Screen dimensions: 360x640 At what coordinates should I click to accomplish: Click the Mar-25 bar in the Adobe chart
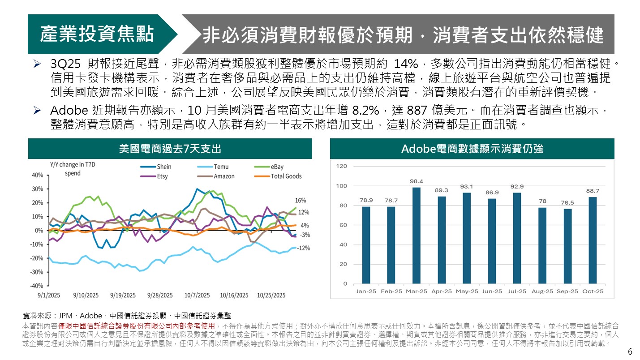pos(417,236)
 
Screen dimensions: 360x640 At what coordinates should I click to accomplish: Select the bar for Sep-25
pos(567,246)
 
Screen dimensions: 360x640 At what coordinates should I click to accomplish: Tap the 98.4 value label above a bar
pos(417,181)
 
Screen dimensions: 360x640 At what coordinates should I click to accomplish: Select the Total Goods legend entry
pos(286,176)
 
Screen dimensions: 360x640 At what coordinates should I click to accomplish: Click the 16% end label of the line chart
pos(300,200)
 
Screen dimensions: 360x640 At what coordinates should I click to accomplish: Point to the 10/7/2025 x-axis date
pos(197,296)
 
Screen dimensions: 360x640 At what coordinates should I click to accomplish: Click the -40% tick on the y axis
pos(38,286)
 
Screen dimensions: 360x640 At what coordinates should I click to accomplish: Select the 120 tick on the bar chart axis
pos(342,167)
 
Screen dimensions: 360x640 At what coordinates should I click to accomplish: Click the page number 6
pos(630,351)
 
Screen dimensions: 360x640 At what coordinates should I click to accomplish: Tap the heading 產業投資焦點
pos(97,34)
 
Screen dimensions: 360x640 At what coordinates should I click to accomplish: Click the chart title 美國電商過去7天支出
pos(170,149)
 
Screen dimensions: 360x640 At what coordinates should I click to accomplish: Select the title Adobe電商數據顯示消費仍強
pos(472,149)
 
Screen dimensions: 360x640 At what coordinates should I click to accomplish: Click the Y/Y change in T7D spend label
pos(73,169)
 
